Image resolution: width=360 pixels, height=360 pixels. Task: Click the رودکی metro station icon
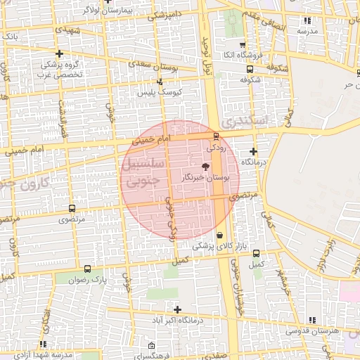click(x=215, y=136)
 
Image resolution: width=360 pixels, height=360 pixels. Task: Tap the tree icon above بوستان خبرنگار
click(x=205, y=166)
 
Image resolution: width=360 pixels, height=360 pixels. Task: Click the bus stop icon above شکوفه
click(x=250, y=70)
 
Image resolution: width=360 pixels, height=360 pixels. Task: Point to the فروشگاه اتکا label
click(x=243, y=55)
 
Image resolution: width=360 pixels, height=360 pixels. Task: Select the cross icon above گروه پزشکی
click(x=60, y=53)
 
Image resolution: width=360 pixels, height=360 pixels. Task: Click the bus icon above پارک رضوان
click(x=87, y=269)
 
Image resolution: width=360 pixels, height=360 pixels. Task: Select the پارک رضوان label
click(x=87, y=280)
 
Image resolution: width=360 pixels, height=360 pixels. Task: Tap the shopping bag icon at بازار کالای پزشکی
click(x=220, y=235)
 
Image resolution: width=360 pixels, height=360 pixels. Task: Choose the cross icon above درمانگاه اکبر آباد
click(x=177, y=309)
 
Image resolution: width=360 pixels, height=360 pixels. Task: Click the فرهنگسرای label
click(x=152, y=356)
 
